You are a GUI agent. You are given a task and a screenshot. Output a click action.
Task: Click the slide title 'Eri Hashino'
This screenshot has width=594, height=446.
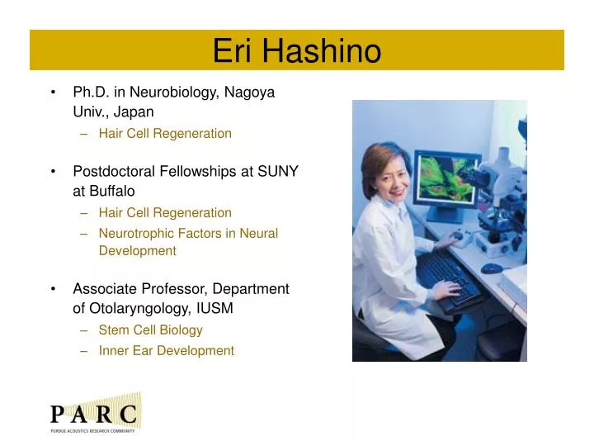tap(297, 51)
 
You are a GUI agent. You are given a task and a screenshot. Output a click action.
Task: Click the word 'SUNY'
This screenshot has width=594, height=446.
tap(278, 171)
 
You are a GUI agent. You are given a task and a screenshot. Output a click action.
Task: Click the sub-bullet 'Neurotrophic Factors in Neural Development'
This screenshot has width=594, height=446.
tap(188, 242)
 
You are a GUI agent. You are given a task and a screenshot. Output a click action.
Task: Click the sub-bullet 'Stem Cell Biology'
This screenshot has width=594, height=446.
tap(150, 330)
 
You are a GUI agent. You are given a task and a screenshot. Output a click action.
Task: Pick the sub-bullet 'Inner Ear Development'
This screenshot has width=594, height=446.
tap(166, 350)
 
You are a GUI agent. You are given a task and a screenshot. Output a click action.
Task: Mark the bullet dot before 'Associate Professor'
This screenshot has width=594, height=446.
tap(54, 289)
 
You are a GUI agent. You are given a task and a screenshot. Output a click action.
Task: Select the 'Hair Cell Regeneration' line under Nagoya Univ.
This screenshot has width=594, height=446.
tap(165, 133)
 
